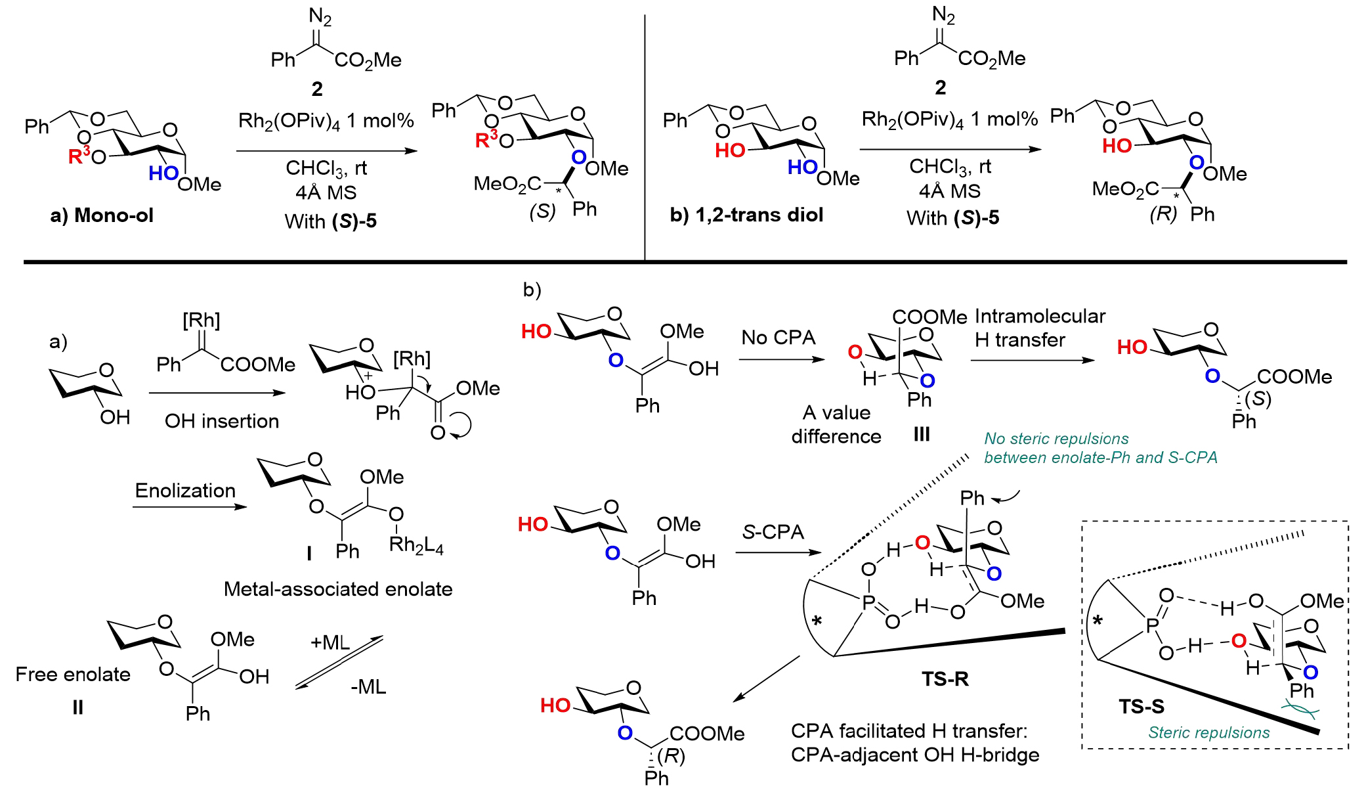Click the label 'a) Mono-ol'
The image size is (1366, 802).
pos(102,215)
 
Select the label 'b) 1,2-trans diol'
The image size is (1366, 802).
pos(746,215)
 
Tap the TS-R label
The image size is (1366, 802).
pos(945,679)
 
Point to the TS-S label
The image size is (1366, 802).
pos(1142,706)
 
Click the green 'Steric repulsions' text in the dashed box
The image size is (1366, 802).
pos(1208,732)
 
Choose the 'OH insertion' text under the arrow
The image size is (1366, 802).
pos(222,421)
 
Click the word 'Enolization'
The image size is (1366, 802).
pos(185,491)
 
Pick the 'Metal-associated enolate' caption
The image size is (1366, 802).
pos(338,589)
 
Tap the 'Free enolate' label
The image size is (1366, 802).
pos(73,675)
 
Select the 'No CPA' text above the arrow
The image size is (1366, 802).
pos(778,338)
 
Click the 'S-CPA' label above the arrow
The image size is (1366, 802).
pos(773,531)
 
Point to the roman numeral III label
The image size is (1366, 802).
pos(922,434)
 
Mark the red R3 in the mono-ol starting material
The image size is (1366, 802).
pos(79,156)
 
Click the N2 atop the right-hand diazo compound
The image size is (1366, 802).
pos(944,14)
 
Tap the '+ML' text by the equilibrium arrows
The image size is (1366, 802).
pos(330,642)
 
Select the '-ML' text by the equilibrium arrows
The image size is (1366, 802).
pos(368,687)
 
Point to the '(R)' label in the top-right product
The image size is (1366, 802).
pos(1163,214)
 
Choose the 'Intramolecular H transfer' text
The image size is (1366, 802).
pos(1040,328)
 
